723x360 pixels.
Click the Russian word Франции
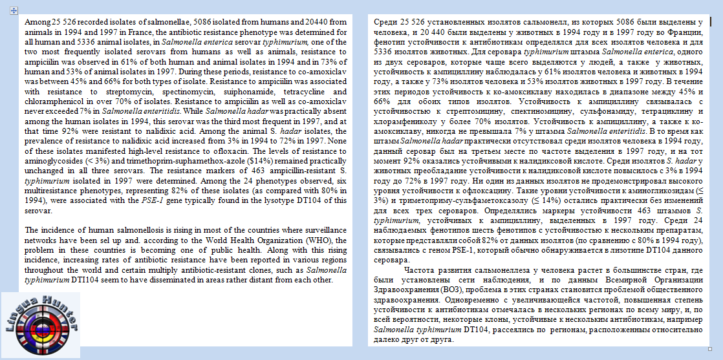tap(686, 32)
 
